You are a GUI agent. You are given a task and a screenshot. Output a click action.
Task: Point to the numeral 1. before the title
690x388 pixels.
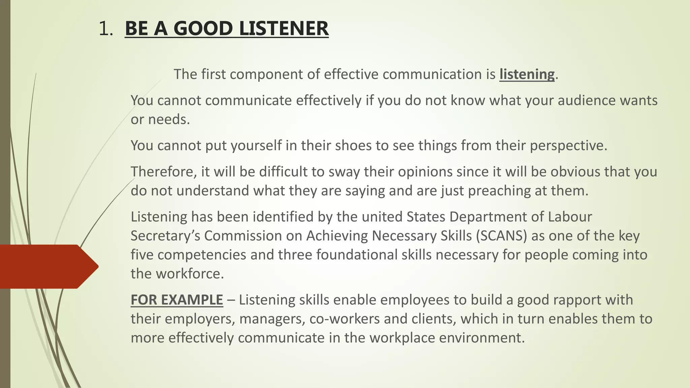106,28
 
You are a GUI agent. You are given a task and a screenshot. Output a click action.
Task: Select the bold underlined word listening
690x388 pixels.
527,74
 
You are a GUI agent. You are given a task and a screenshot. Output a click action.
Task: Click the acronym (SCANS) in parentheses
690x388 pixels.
501,236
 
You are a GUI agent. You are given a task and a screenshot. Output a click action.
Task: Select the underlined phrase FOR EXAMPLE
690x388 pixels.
177,300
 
